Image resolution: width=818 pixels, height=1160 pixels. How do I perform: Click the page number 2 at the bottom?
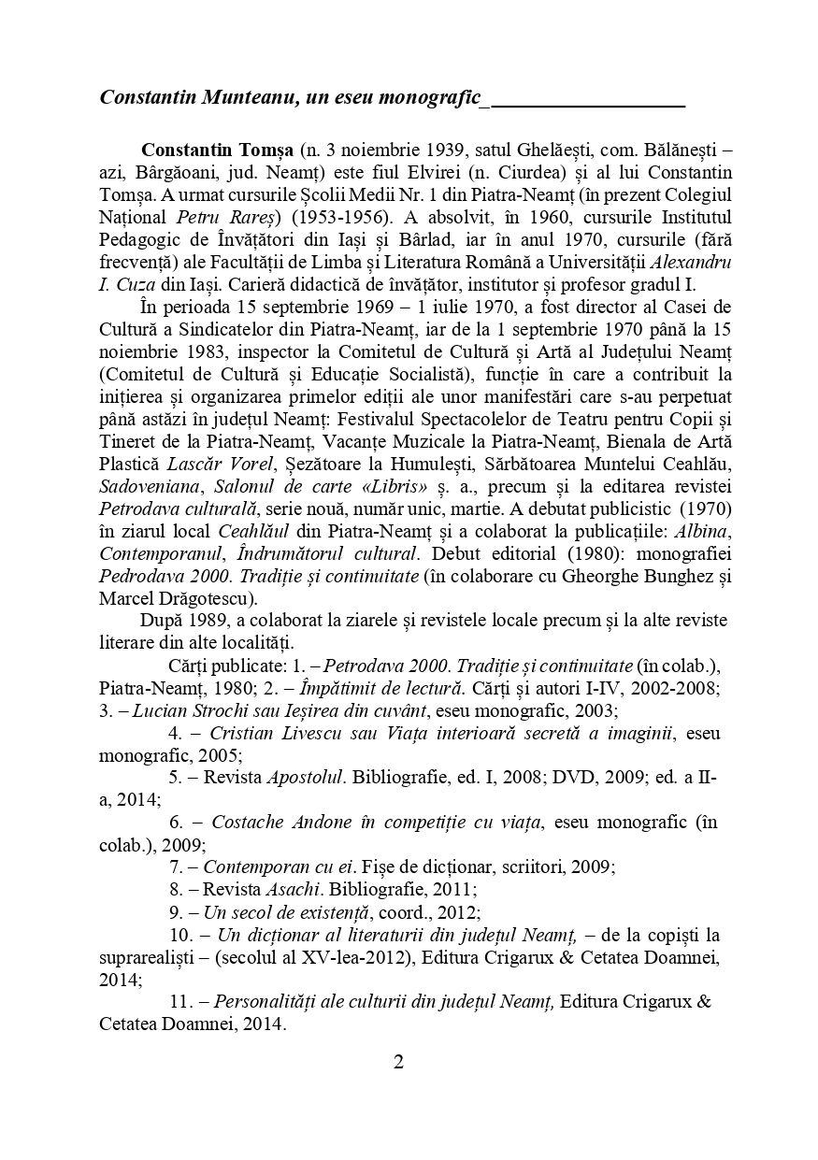tap(398, 1062)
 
